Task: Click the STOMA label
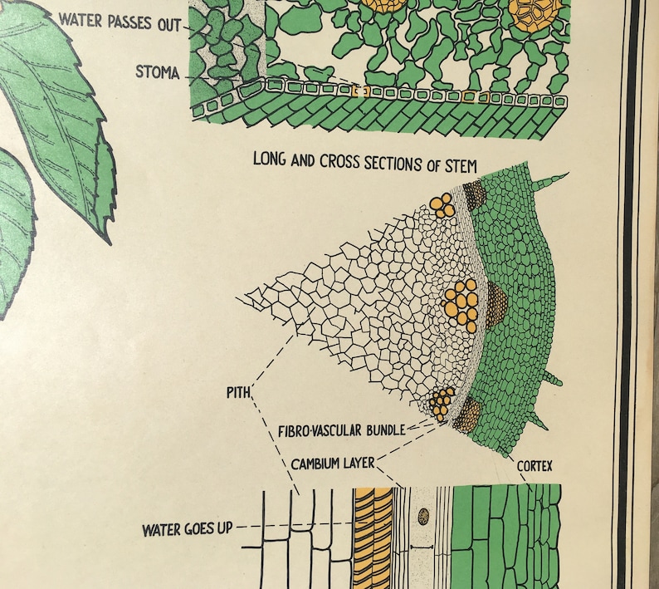pyautogui.click(x=158, y=72)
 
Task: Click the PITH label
pyautogui.click(x=238, y=390)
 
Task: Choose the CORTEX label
pyautogui.click(x=535, y=466)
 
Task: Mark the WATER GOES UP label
pyautogui.click(x=187, y=528)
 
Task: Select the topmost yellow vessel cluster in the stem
pyautogui.click(x=443, y=206)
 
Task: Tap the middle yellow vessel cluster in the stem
pyautogui.click(x=461, y=304)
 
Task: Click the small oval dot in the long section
pyautogui.click(x=423, y=517)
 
